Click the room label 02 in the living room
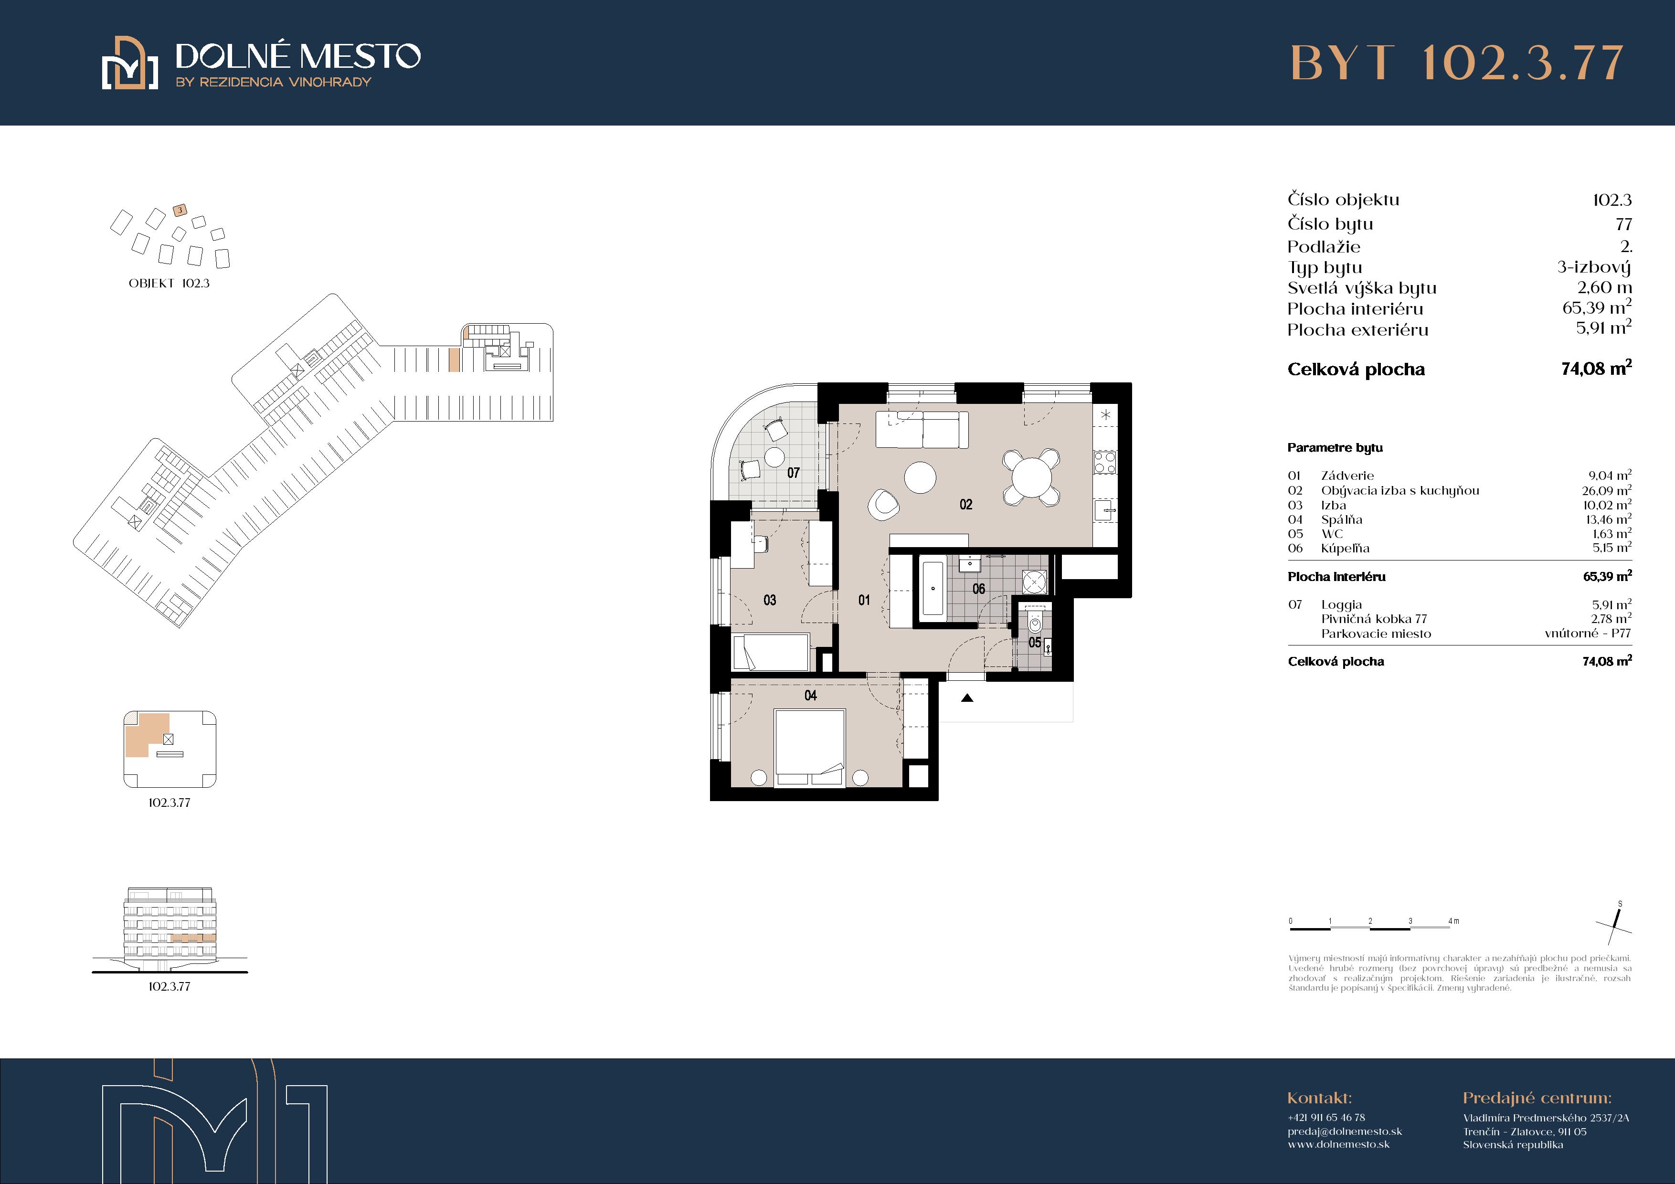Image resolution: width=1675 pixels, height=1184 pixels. (x=966, y=504)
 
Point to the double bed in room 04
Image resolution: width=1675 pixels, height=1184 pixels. (x=810, y=749)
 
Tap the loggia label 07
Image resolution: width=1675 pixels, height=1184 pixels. (x=794, y=473)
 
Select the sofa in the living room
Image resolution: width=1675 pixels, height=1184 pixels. (x=922, y=430)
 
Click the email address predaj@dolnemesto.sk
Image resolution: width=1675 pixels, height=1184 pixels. (x=1345, y=1131)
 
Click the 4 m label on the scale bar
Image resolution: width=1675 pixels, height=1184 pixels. (x=1454, y=920)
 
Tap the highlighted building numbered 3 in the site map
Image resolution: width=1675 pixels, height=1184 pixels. (x=180, y=210)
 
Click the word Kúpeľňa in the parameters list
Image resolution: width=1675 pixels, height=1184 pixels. (x=1345, y=549)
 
